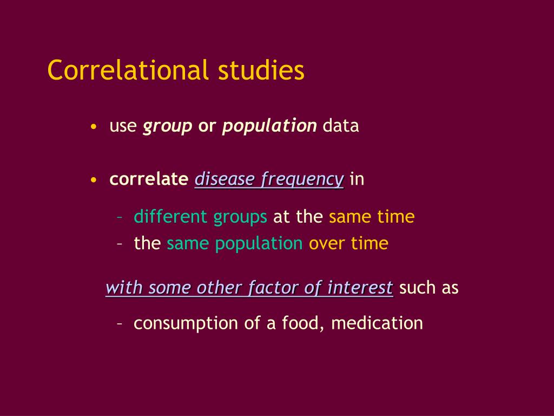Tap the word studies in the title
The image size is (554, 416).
click(261, 70)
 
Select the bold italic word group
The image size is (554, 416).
click(167, 126)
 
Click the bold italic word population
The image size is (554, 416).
click(269, 126)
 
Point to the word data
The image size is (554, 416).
click(341, 126)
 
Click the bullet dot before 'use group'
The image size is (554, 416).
click(94, 127)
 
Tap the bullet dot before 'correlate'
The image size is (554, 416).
click(94, 180)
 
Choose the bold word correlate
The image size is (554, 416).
click(149, 179)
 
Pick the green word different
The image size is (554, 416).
click(170, 217)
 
